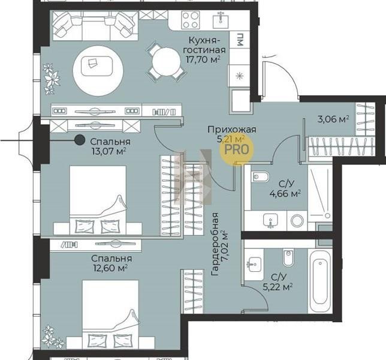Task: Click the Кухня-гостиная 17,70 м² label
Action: pyautogui.click(x=204, y=50)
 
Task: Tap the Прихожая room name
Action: pyautogui.click(x=231, y=130)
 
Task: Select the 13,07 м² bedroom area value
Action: pyautogui.click(x=109, y=151)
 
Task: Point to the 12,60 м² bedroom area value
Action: pyautogui.click(x=110, y=268)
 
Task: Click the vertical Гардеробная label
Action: pyautogui.click(x=215, y=244)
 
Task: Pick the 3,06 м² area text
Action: pyautogui.click(x=333, y=119)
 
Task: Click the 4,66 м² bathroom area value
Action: pyautogui.click(x=285, y=194)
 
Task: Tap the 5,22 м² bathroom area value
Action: pyautogui.click(x=278, y=287)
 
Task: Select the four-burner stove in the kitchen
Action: pyautogui.click(x=190, y=20)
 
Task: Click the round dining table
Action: pyautogui.click(x=166, y=62)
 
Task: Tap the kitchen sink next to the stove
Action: pyautogui.click(x=221, y=20)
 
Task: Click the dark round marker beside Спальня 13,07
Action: pyautogui.click(x=80, y=140)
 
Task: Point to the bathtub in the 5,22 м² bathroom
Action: pyautogui.click(x=320, y=281)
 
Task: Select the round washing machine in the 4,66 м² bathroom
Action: pyautogui.click(x=297, y=220)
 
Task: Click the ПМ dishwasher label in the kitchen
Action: pyautogui.click(x=239, y=40)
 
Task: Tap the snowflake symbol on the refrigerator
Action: pyautogui.click(x=239, y=76)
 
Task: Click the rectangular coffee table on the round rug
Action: pyautogui.click(x=97, y=66)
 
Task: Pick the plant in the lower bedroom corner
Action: pyautogui.click(x=52, y=337)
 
